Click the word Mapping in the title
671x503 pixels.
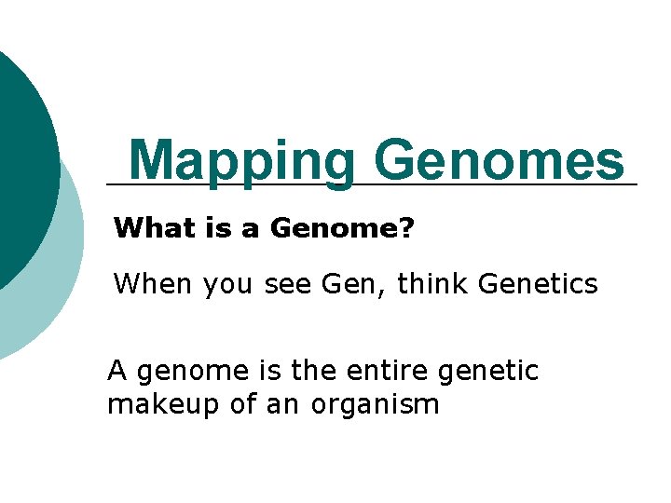tap(241, 161)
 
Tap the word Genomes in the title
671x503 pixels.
tap(499, 160)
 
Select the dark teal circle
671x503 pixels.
tap(19, 158)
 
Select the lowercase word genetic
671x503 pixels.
tap(494, 373)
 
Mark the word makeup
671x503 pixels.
tap(159, 406)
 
